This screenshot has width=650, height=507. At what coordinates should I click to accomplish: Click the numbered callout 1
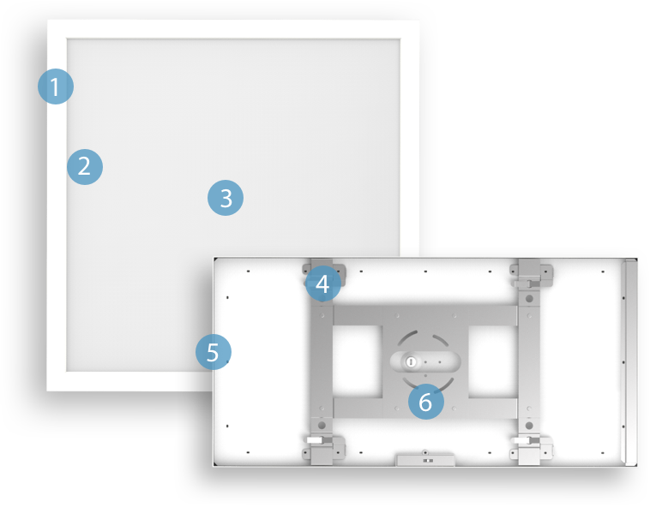[56, 86]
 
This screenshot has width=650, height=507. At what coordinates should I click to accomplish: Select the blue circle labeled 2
[85, 166]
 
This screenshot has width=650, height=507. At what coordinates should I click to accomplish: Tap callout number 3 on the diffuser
[226, 198]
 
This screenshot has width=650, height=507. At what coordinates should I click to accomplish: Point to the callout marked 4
[322, 283]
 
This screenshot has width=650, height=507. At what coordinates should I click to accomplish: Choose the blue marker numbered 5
[214, 352]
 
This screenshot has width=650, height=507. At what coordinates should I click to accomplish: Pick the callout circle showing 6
[426, 401]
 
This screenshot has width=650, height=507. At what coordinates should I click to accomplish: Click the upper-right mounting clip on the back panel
[532, 273]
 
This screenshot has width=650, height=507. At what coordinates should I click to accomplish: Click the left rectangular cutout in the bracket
[356, 361]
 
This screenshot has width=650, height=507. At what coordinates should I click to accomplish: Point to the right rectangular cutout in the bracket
[492, 361]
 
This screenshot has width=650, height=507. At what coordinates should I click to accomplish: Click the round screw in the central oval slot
[411, 362]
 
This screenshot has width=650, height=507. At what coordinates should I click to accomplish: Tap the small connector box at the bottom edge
[425, 459]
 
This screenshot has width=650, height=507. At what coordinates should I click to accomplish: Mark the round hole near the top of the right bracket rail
[529, 299]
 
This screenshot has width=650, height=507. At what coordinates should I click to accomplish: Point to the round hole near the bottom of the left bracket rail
[322, 424]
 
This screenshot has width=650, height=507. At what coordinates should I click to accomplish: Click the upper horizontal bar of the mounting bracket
[424, 314]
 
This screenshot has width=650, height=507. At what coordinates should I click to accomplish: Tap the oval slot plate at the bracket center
[425, 362]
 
